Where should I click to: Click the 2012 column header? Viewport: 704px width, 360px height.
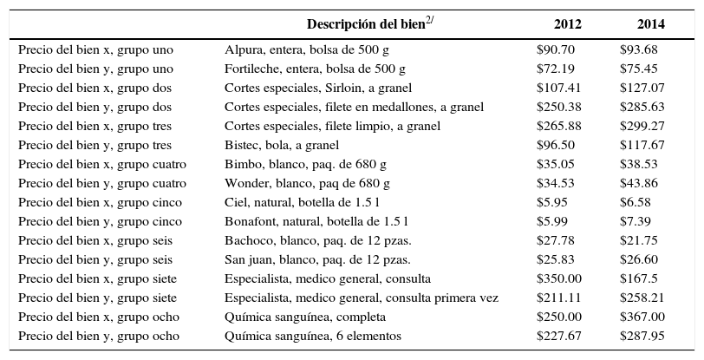[x=568, y=23]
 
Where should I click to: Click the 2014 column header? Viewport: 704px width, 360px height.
[x=650, y=23]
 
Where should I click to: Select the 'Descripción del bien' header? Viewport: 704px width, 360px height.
[x=369, y=23]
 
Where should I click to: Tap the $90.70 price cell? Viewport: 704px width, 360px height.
[x=555, y=49]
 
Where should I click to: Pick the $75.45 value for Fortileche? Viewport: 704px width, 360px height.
[x=638, y=69]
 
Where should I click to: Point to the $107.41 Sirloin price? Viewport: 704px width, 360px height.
[x=558, y=88]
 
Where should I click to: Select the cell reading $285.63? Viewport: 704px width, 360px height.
[x=642, y=107]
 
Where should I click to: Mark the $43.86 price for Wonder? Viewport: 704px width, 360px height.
[x=638, y=183]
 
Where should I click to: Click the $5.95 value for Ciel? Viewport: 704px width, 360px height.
[x=551, y=202]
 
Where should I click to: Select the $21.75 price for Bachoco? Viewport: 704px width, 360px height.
[x=638, y=240]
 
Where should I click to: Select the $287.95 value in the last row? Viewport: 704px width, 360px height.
[x=642, y=336]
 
